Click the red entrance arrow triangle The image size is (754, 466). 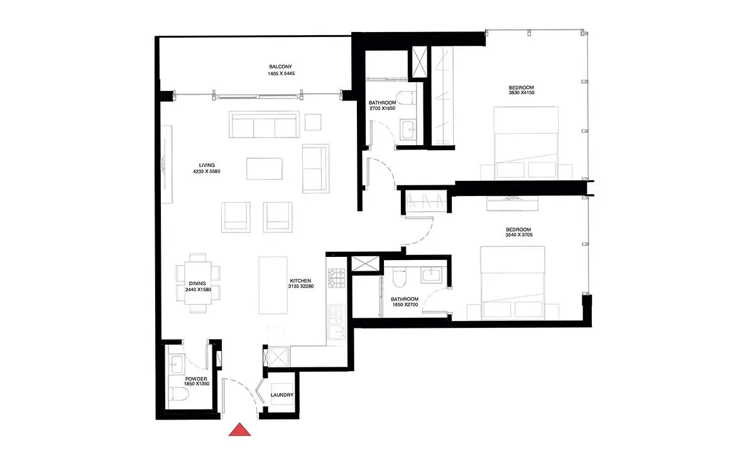click(239, 430)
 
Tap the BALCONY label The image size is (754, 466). click(280, 67)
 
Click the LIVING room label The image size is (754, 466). click(207, 165)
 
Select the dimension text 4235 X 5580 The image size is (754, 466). click(207, 171)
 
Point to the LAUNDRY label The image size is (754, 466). click(282, 395)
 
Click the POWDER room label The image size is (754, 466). click(196, 379)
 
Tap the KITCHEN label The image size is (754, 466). click(300, 281)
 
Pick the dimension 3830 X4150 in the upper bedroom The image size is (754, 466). click(522, 92)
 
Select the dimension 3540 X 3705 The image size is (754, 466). click(519, 235)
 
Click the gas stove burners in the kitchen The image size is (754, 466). click(337, 278)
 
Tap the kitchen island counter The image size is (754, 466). click(273, 285)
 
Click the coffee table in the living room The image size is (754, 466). click(265, 169)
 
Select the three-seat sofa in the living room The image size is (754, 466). click(265, 124)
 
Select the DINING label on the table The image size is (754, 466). click(197, 284)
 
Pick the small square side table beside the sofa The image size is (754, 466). click(313, 122)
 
